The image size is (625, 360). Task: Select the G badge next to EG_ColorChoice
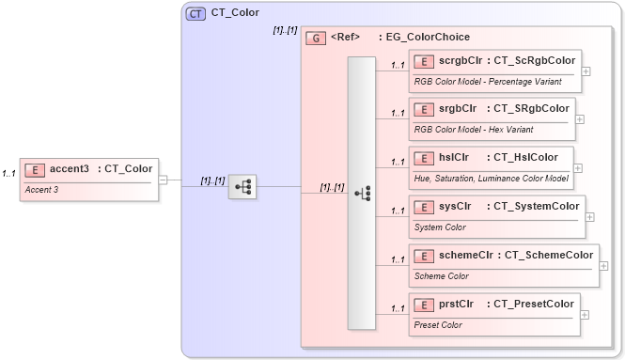317,39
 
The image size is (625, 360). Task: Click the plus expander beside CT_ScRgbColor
586,70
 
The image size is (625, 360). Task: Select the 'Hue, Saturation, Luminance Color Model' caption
491,178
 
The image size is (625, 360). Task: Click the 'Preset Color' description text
438,324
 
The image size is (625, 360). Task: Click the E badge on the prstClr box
423,305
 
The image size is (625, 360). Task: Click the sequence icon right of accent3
242,186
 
